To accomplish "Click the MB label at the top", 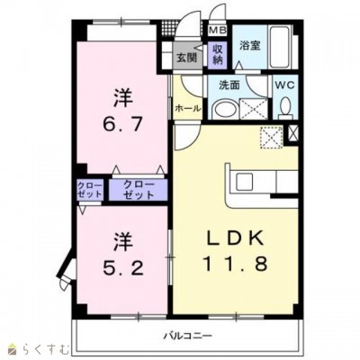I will point(216,30).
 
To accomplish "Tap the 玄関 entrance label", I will point(184,59).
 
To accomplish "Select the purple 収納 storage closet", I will point(217,53).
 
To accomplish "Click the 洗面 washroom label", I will point(229,85).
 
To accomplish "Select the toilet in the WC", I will point(284,110).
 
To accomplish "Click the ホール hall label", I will point(186,108).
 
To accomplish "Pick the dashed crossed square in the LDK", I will point(269,137).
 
